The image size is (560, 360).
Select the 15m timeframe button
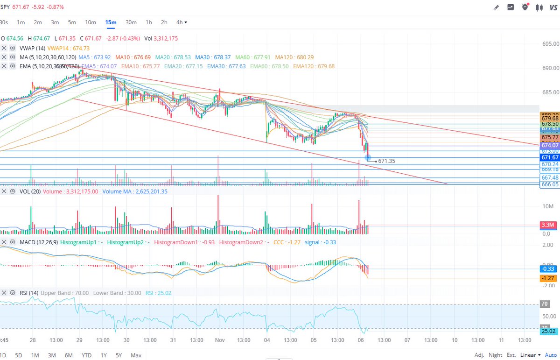[x=111, y=22]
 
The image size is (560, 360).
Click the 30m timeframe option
[x=131, y=22]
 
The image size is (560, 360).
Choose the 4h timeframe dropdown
[x=182, y=22]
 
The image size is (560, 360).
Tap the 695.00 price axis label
[x=549, y=44]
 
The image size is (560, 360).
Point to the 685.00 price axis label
[x=549, y=92]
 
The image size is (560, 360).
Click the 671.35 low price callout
[x=386, y=161]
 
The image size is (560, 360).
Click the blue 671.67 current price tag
[x=549, y=158]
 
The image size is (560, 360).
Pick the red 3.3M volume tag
[x=547, y=225]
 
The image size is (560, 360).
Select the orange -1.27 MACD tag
[x=547, y=278]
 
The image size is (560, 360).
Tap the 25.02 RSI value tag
[x=547, y=331]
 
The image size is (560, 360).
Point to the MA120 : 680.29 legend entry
[x=294, y=57]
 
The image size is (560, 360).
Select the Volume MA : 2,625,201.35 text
[x=135, y=191]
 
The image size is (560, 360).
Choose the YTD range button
[x=86, y=355]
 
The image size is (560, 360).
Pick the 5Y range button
[x=119, y=355]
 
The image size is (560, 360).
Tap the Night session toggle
[x=496, y=355]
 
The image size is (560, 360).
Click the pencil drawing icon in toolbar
[x=496, y=7]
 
